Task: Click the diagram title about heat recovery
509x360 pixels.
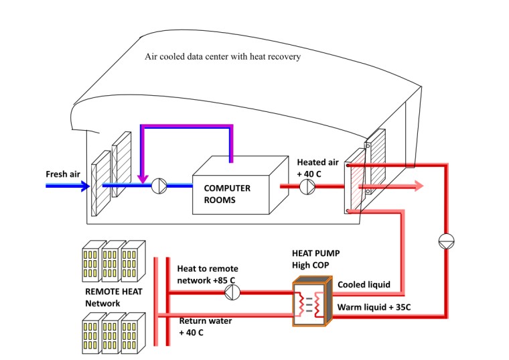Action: click(222, 57)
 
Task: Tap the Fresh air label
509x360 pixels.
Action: click(63, 174)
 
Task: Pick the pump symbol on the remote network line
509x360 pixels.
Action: click(232, 292)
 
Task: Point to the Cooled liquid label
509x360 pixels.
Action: click(364, 284)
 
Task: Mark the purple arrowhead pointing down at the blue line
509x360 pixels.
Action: click(142, 178)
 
